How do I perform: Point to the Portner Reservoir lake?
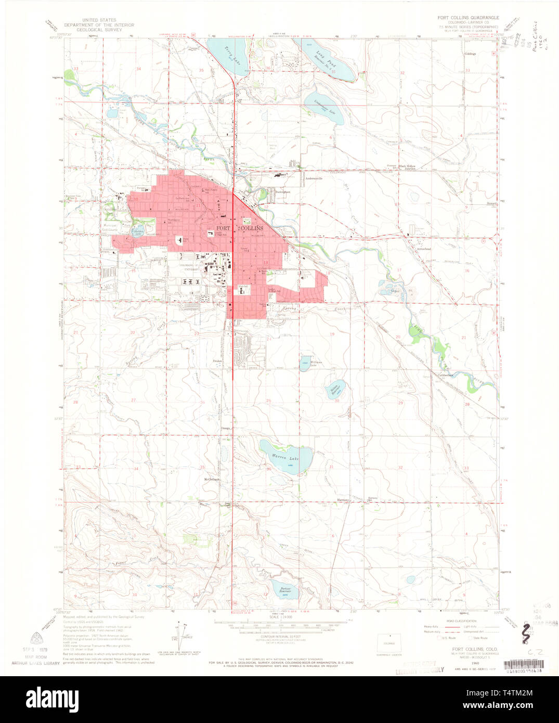coord(284,590)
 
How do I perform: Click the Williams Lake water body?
coord(304,364)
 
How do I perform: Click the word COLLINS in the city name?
coord(251,228)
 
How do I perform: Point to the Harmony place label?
coord(343,500)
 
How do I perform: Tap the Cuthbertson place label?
coord(445,375)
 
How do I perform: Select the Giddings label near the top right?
coord(470,54)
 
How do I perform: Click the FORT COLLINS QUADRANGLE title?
coord(468,18)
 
